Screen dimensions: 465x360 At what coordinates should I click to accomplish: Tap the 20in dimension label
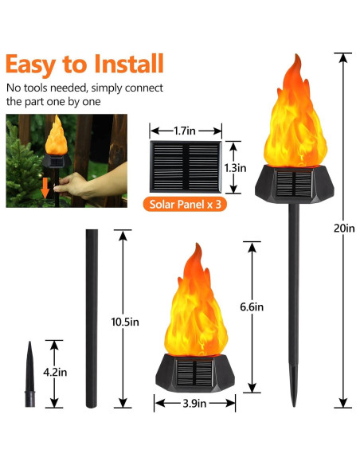344,228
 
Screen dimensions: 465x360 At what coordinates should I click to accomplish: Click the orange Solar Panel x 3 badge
185,205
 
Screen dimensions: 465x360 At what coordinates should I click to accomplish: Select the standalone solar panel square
186,167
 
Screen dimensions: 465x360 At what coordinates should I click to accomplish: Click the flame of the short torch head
194,307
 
